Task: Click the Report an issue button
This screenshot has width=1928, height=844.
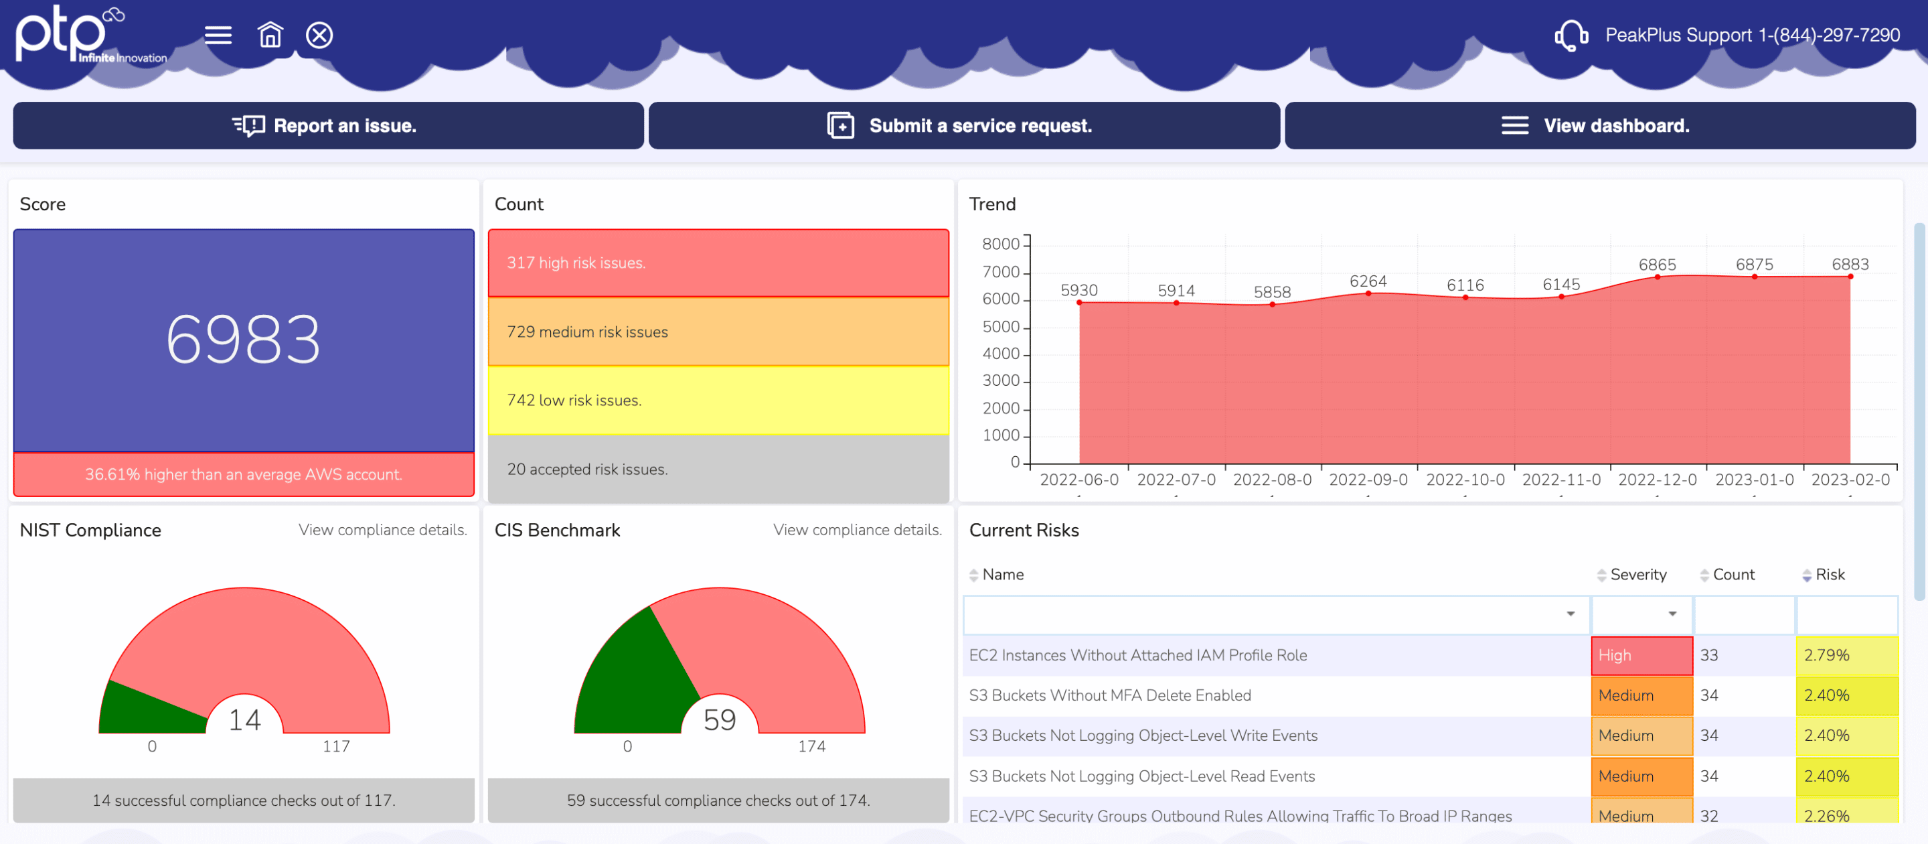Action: (328, 126)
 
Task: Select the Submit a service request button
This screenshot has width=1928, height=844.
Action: (963, 126)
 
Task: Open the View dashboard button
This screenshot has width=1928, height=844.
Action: (1599, 126)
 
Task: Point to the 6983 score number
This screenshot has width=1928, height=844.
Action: (243, 340)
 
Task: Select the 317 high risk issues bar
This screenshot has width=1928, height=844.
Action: (718, 263)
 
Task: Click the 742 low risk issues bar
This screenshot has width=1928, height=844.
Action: (718, 401)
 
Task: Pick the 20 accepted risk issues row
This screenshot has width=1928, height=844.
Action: (718, 470)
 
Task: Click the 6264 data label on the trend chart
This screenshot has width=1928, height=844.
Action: (1368, 281)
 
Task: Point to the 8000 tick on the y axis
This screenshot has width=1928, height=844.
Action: (1000, 244)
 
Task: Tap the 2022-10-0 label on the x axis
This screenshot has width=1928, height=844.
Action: (1465, 480)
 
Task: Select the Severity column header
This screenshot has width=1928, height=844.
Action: (1637, 575)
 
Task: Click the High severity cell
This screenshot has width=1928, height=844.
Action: (1641, 656)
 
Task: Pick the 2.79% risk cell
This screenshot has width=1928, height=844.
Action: (1846, 656)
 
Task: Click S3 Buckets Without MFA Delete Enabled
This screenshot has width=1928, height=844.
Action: (1109, 696)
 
